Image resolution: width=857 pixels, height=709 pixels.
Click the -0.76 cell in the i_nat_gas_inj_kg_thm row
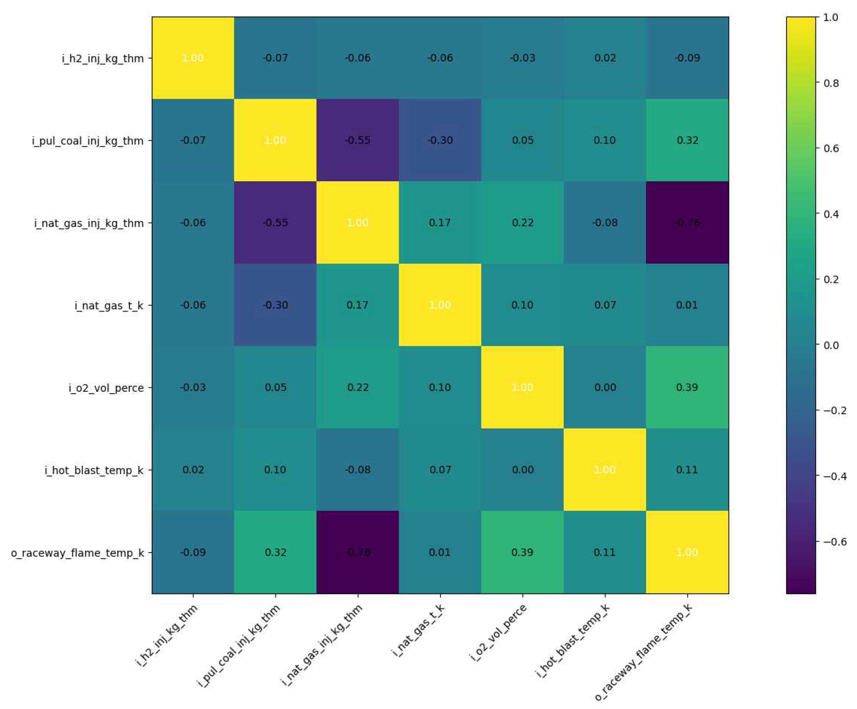coord(687,222)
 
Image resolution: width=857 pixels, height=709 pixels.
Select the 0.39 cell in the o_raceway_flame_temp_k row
coord(522,552)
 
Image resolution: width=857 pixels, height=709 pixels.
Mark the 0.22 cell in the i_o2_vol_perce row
coord(358,387)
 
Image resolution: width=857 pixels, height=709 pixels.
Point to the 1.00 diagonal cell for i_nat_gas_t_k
coord(440,305)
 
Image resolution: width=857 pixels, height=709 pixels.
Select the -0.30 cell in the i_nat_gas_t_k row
coord(275,305)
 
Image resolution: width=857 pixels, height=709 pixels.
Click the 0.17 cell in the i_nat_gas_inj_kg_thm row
coord(440,222)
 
